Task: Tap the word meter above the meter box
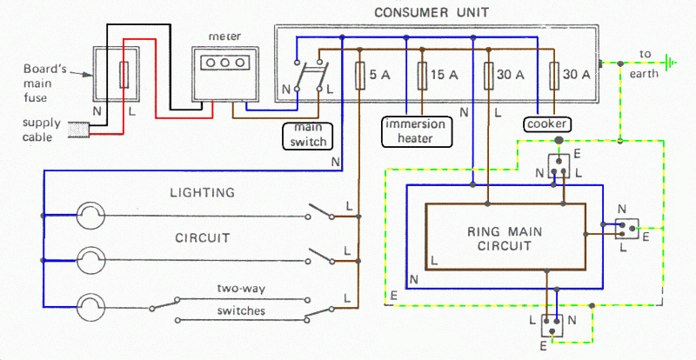[217, 37]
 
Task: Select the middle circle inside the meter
[218, 63]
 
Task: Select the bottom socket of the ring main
[551, 326]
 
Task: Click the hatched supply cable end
[78, 131]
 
